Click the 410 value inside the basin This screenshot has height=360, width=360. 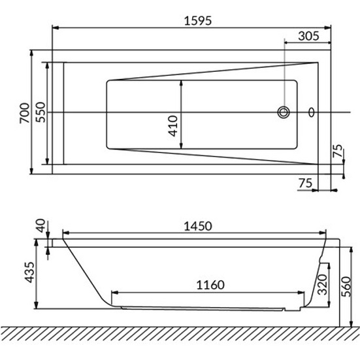point(172,124)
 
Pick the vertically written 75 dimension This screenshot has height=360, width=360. point(337,153)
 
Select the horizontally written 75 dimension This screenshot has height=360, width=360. point(304,184)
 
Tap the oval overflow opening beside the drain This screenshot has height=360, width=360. point(311,112)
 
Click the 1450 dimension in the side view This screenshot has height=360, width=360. point(196,226)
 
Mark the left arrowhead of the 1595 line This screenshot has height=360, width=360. point(56,28)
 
